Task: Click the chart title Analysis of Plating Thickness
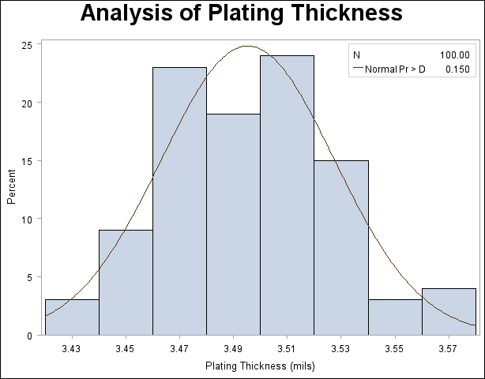point(242,14)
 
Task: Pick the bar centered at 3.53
point(340,248)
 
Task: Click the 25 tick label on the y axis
point(26,45)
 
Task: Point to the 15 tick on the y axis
point(26,161)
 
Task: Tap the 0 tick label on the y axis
point(28,336)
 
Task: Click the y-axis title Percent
point(11,189)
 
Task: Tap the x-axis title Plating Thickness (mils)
point(260,366)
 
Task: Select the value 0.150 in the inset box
point(457,69)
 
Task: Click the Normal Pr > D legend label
point(395,69)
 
